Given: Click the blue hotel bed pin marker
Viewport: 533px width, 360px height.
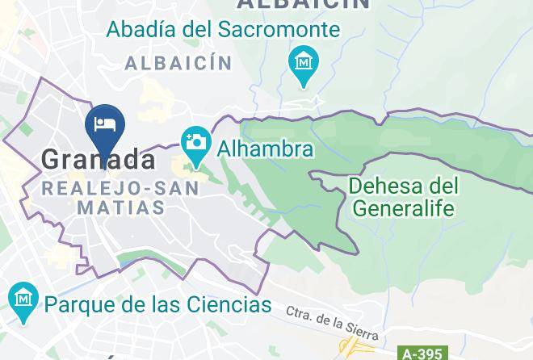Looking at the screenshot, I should [x=104, y=125].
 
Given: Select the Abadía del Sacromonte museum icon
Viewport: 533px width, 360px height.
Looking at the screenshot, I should [x=304, y=62].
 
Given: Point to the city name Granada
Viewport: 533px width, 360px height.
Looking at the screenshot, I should [x=99, y=160].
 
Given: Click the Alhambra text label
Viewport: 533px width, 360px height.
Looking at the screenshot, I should [x=266, y=149].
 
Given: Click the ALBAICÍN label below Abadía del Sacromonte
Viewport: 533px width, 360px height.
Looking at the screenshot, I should [x=178, y=63].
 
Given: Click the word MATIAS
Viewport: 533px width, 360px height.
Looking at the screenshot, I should [x=121, y=207].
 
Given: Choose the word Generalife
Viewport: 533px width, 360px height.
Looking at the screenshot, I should [x=404, y=208].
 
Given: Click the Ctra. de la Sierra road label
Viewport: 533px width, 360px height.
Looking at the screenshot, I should [x=331, y=321].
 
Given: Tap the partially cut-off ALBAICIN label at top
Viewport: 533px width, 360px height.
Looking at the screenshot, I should [x=303, y=4].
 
